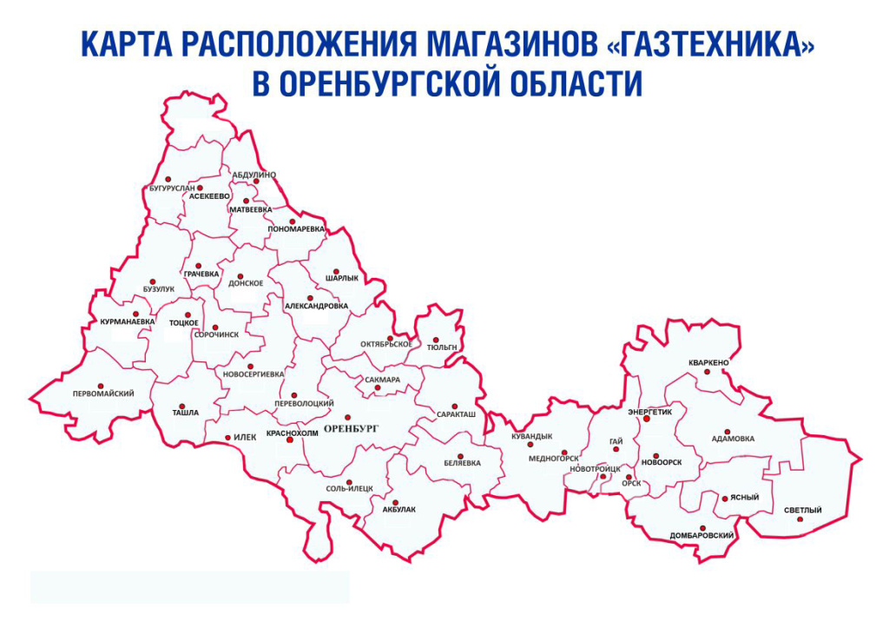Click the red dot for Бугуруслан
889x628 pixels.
point(200,188)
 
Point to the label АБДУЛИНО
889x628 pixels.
point(254,175)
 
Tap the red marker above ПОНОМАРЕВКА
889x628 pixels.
point(293,221)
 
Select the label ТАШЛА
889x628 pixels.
point(185,413)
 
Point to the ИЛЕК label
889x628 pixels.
point(245,437)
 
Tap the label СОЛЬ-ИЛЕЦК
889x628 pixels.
point(349,489)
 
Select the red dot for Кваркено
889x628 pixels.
point(708,372)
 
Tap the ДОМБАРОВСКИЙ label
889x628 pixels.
point(702,536)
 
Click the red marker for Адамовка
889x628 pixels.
point(727,431)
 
